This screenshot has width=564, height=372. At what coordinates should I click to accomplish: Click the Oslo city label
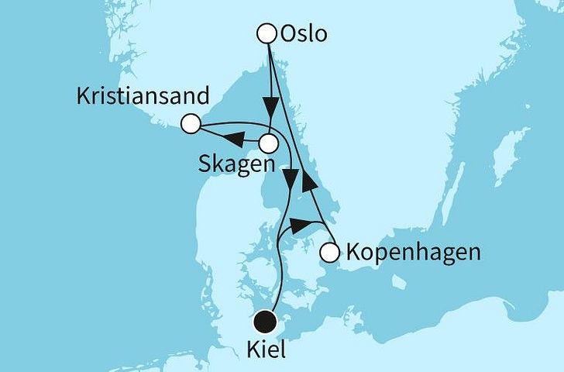coord(304,35)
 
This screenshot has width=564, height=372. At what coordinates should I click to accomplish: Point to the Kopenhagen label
coord(414,253)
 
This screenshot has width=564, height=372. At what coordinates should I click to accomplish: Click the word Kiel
coord(265,350)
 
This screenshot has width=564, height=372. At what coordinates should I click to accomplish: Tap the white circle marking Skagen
coord(268,143)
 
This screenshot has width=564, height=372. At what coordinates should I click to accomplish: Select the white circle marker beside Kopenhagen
coord(329,252)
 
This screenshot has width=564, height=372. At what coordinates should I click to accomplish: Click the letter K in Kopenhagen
coord(353,253)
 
